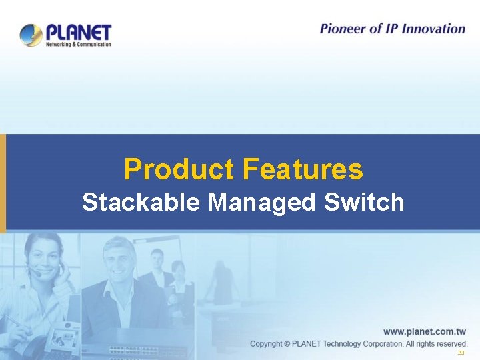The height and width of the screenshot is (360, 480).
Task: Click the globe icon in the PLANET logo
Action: [x=31, y=34]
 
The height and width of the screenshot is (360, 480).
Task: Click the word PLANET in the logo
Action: [x=78, y=32]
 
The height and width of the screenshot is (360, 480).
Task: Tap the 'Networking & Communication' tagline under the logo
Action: [x=78, y=45]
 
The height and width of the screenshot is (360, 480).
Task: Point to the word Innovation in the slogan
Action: [x=434, y=29]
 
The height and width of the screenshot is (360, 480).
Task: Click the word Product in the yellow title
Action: [x=179, y=169]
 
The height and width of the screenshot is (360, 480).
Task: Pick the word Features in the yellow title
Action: [x=303, y=169]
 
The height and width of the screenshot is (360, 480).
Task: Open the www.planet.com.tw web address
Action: [x=424, y=331]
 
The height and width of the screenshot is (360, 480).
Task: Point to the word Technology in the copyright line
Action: [x=347, y=344]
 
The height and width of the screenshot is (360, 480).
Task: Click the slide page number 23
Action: [x=460, y=353]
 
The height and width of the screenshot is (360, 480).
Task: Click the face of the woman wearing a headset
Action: [x=44, y=256]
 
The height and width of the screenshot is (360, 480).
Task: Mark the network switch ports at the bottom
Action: [x=133, y=351]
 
